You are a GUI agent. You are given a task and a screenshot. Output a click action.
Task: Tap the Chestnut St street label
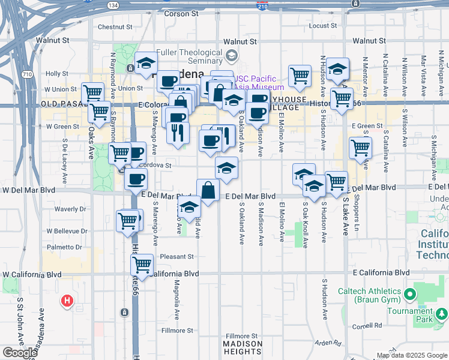pyautogui.click(x=114, y=27)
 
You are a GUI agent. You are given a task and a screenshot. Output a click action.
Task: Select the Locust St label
pyautogui.click(x=323, y=26)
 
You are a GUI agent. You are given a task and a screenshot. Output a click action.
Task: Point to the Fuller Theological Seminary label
pyautogui.click(x=189, y=56)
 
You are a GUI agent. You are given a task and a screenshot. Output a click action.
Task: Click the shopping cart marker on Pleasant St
pyautogui.click(x=142, y=265)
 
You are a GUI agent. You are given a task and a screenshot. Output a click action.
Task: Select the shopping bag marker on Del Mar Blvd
pyautogui.click(x=208, y=191)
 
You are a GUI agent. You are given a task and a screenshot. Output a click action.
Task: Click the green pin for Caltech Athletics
pyautogui.click(x=410, y=294)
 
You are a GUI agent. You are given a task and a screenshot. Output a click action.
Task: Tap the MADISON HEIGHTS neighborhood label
pyautogui.click(x=243, y=348)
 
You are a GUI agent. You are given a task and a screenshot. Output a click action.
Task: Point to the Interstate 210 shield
pyautogui.click(x=262, y=6)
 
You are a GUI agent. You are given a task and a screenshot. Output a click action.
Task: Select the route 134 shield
pyautogui.click(x=113, y=5)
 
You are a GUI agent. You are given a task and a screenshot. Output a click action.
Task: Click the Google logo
pyautogui.click(x=20, y=353)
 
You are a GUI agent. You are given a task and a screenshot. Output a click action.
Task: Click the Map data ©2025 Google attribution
pyautogui.click(x=411, y=355)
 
